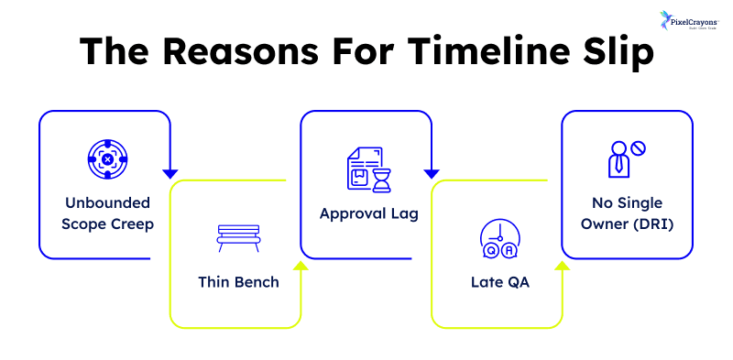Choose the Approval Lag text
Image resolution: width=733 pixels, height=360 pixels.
point(367,213)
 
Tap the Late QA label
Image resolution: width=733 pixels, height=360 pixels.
point(497,281)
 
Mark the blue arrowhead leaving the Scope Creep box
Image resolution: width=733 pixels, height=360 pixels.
point(170,172)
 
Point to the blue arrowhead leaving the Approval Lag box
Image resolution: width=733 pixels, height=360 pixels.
point(431,172)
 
